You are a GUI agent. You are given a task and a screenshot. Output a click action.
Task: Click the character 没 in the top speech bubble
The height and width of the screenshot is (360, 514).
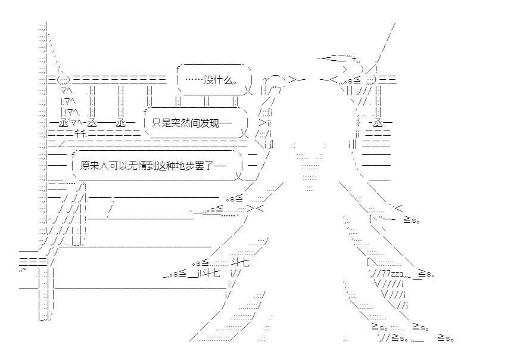[x=209, y=80]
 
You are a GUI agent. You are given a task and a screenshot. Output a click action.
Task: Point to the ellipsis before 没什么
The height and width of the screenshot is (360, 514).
[x=194, y=80]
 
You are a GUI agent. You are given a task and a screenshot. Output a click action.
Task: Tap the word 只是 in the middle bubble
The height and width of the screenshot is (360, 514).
[x=161, y=123]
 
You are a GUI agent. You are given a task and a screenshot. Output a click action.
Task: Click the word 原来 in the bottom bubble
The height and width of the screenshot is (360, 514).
[x=89, y=165]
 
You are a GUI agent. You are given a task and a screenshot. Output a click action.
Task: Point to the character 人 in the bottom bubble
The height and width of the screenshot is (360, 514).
[x=104, y=165]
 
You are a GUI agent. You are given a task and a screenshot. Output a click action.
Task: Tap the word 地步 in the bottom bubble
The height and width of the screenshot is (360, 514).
[x=186, y=165]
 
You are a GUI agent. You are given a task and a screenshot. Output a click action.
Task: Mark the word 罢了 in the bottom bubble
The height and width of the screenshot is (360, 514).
[x=204, y=165]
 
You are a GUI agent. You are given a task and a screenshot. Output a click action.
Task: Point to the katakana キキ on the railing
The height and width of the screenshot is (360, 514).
[x=80, y=134]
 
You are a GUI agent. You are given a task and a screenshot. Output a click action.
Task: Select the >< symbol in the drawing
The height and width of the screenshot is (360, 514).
[x=256, y=208]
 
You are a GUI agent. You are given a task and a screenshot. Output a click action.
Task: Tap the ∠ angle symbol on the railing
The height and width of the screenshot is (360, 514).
[x=61, y=144]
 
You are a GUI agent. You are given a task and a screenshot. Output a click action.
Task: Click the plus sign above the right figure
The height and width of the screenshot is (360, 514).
[x=354, y=59]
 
